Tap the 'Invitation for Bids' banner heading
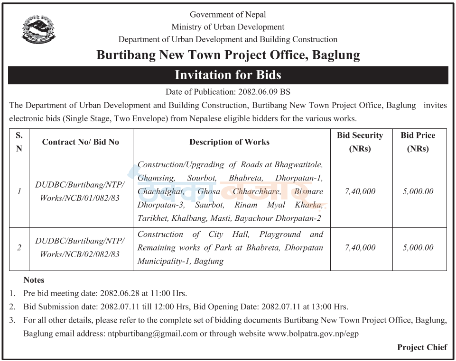tap(228, 75)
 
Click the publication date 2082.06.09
tap(257, 92)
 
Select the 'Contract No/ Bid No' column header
tap(81, 142)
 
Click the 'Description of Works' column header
tap(229, 142)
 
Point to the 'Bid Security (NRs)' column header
tap(360, 142)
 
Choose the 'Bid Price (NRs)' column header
tap(418, 142)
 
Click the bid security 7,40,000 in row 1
tap(360, 191)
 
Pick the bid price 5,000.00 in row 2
tap(418, 247)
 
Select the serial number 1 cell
tap(19, 191)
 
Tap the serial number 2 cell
tap(19, 247)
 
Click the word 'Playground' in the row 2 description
tap(280, 234)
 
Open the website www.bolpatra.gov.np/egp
tap(313, 334)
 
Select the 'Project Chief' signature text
tap(422, 347)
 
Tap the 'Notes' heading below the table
tap(34, 280)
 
